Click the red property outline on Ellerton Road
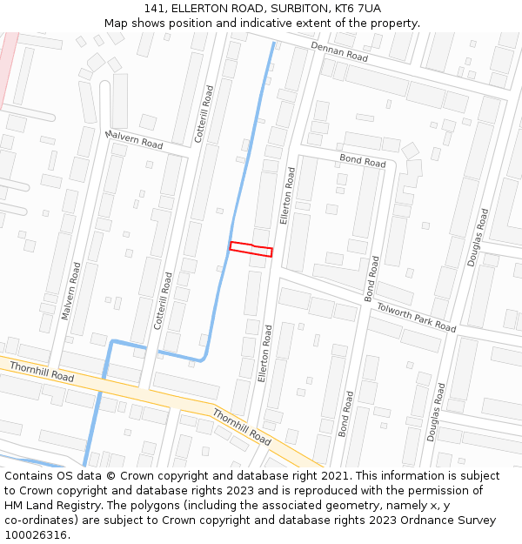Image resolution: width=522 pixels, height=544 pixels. tap(251, 248)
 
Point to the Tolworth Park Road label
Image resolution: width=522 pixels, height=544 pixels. tap(416, 318)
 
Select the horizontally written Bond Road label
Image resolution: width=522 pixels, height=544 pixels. tap(363, 161)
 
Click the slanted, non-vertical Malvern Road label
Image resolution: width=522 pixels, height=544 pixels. tap(133, 138)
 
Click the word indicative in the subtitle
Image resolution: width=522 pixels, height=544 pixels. tap(275, 23)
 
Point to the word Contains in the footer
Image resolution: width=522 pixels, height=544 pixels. tap(31, 476)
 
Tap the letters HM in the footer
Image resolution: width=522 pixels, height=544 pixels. tap(15, 506)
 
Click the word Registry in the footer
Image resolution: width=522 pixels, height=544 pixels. tap(90, 506)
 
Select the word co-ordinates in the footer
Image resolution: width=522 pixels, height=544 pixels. tap(42, 520)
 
